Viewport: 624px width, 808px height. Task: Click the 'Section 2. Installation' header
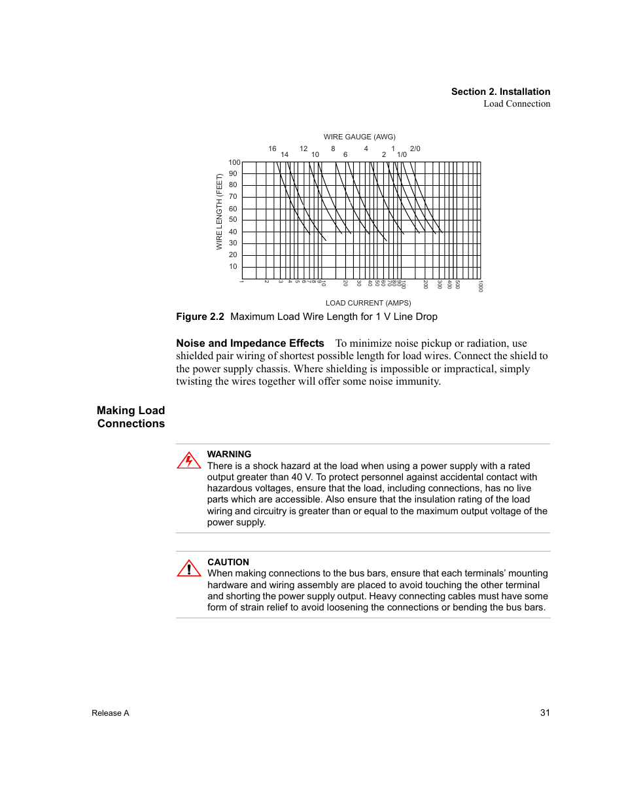click(x=500, y=92)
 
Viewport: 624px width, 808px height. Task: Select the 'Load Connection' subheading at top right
click(x=517, y=103)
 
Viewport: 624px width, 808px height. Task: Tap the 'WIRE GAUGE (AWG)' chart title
click(x=359, y=137)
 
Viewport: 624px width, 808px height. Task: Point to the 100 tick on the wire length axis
click(x=234, y=162)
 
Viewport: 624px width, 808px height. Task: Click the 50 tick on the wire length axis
click(x=233, y=220)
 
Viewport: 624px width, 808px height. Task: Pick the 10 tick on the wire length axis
click(x=233, y=266)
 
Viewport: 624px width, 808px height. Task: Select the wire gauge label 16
click(x=272, y=149)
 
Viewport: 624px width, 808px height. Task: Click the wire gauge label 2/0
click(x=415, y=149)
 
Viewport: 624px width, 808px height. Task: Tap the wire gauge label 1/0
click(x=402, y=155)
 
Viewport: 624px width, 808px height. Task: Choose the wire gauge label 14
click(x=285, y=155)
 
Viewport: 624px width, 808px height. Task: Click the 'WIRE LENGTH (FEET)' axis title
click(x=220, y=211)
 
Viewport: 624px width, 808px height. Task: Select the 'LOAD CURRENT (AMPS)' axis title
click(x=368, y=303)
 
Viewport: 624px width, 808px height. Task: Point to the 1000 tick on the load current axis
click(x=480, y=287)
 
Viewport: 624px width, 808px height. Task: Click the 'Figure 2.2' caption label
click(x=200, y=317)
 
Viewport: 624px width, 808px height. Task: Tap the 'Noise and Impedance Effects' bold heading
click(x=250, y=343)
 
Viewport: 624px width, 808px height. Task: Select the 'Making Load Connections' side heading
click(x=131, y=417)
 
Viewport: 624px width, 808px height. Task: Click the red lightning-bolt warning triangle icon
click(x=188, y=461)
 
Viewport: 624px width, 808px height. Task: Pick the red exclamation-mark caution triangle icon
click(x=188, y=569)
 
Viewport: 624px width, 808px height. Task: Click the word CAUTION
click(x=228, y=562)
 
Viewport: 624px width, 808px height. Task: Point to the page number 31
click(x=545, y=712)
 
